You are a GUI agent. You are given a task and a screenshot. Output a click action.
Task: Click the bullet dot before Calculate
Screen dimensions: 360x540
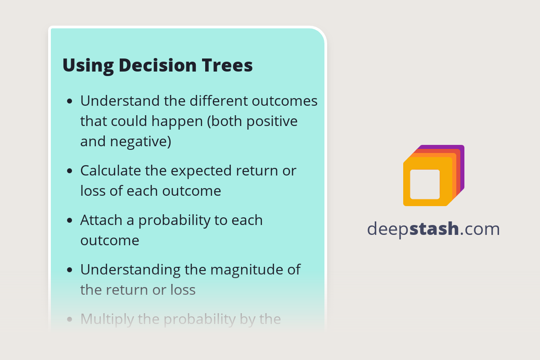pyautogui.click(x=69, y=171)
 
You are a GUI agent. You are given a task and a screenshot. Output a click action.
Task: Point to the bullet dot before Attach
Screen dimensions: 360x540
pyautogui.click(x=69, y=221)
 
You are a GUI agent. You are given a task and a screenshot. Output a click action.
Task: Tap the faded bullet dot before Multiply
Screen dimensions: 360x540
pyautogui.click(x=69, y=319)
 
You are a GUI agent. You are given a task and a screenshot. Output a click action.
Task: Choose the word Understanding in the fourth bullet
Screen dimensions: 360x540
pyautogui.click(x=130, y=270)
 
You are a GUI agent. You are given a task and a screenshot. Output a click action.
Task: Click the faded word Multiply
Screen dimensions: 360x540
pyautogui.click(x=107, y=319)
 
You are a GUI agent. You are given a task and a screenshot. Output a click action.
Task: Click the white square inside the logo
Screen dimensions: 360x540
pyautogui.click(x=425, y=184)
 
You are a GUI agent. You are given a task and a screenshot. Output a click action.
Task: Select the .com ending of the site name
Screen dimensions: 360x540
pyautogui.click(x=480, y=229)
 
